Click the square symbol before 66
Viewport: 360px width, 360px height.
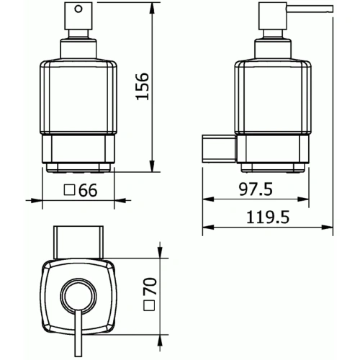pyautogui.click(x=70, y=192)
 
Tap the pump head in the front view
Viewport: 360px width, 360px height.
pyautogui.click(x=78, y=18)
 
